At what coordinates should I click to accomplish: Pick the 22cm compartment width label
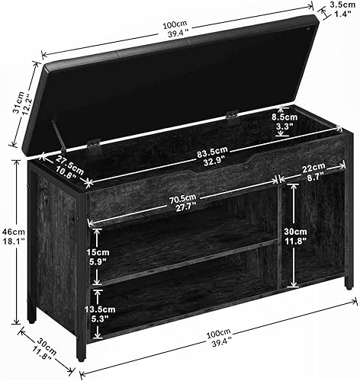point(313,171)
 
